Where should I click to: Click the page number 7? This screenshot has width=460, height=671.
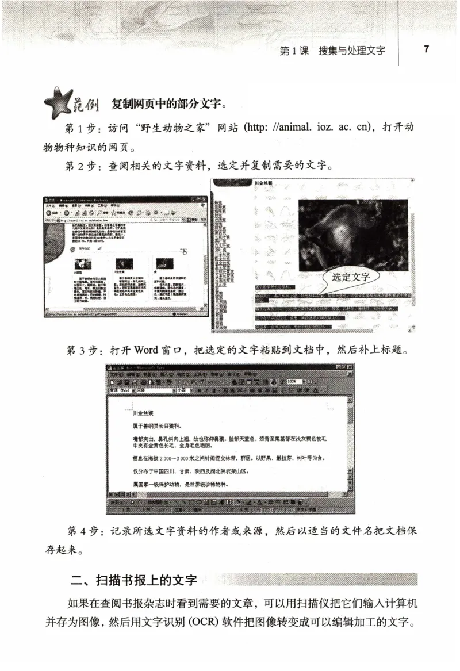click(x=426, y=49)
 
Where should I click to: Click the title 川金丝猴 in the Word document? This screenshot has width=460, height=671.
click(x=143, y=413)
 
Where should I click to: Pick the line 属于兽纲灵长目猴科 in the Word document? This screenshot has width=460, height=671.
click(x=156, y=426)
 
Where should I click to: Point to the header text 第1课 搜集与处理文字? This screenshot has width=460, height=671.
click(x=332, y=50)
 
